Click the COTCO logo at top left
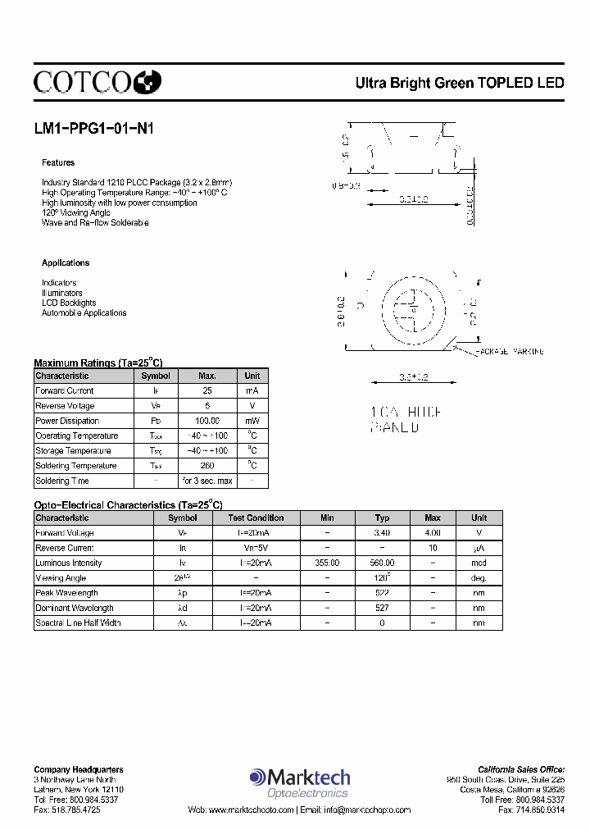97,81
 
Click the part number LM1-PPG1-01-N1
93,129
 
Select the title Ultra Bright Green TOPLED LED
459,83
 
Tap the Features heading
58,162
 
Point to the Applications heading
66,262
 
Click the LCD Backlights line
69,303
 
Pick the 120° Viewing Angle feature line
75,212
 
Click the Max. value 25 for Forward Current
206,391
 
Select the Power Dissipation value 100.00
206,421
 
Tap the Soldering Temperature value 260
206,466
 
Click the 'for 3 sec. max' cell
206,481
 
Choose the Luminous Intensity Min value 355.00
327,563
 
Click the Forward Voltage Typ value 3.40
382,533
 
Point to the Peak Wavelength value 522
382,593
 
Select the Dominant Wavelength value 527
382,608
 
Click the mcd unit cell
479,563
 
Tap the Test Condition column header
256,518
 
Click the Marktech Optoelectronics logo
300,782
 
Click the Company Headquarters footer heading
79,769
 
